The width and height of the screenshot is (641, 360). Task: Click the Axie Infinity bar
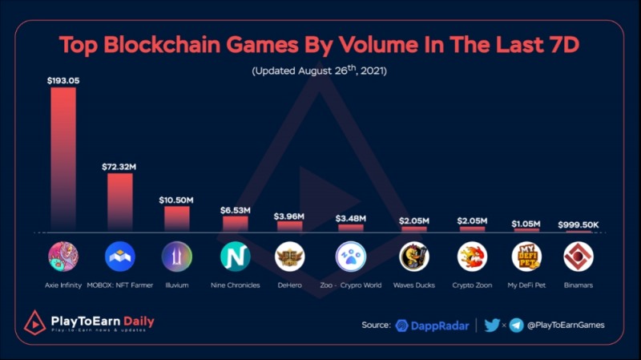(x=63, y=160)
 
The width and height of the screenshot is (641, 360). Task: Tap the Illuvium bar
(x=177, y=219)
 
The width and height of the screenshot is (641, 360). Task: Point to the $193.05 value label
(x=63, y=80)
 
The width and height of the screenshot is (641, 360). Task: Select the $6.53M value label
(x=236, y=209)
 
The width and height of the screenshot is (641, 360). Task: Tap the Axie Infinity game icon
(x=63, y=257)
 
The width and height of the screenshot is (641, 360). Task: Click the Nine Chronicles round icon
(x=236, y=257)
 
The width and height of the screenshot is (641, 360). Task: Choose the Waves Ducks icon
(x=414, y=257)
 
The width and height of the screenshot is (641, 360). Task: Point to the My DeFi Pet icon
(x=526, y=257)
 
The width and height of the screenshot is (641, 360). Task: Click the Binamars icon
(x=579, y=257)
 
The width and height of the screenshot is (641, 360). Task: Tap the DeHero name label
(x=290, y=285)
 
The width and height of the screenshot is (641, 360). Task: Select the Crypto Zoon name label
(x=470, y=285)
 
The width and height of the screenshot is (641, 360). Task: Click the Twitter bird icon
(x=493, y=325)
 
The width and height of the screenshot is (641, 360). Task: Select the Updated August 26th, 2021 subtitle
(x=320, y=71)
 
